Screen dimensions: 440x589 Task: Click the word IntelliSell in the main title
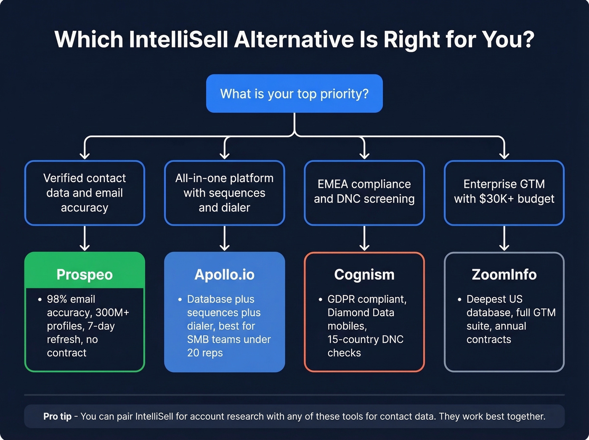(178, 40)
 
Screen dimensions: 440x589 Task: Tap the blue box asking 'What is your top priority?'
(294, 93)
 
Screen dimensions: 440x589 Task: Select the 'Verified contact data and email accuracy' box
(85, 193)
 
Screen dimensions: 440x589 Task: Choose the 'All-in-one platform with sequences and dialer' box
(224, 193)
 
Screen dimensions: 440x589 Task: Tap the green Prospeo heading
(85, 275)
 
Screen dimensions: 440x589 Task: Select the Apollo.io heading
(224, 275)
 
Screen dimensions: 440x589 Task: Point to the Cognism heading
(364, 275)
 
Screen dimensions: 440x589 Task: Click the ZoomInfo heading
(504, 275)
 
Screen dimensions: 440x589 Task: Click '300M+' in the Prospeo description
(112, 312)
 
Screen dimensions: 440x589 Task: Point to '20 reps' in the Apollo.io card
(205, 353)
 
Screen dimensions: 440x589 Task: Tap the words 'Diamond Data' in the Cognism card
(361, 312)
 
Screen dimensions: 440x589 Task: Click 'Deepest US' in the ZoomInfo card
(494, 299)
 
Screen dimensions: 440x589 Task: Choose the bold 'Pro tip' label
(57, 416)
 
